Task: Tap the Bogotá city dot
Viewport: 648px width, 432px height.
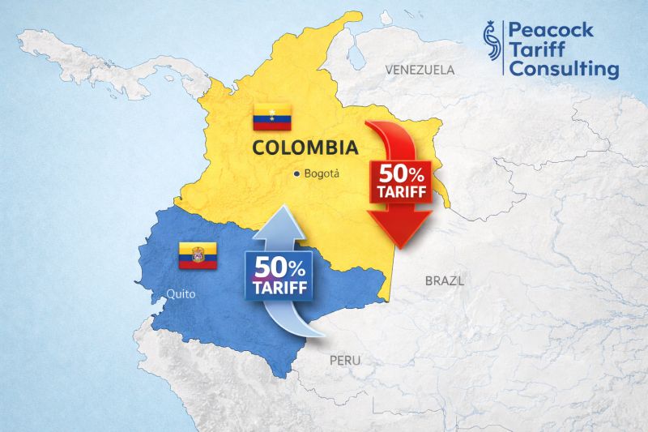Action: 297,173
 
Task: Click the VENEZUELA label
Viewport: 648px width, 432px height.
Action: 420,70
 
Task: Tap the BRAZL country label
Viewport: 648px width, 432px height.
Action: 445,281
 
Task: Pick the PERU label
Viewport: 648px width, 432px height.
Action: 345,360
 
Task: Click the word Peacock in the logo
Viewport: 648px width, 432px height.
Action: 550,31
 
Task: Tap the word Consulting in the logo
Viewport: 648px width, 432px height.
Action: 562,70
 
